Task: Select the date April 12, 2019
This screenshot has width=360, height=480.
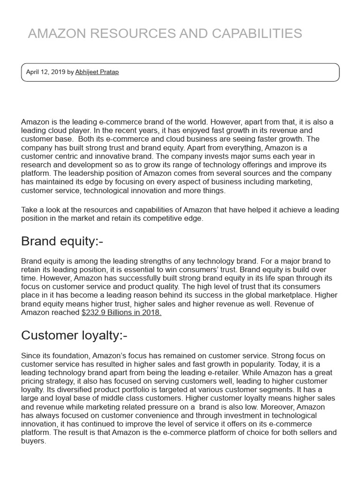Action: click(45, 72)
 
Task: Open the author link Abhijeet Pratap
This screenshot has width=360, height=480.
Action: click(97, 72)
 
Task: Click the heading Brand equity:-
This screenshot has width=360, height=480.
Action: click(62, 241)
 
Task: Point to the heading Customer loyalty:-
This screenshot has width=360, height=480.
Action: click(74, 335)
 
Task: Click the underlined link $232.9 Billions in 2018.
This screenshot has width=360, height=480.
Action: click(121, 313)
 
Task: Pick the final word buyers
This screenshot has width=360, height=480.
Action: click(33, 441)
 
